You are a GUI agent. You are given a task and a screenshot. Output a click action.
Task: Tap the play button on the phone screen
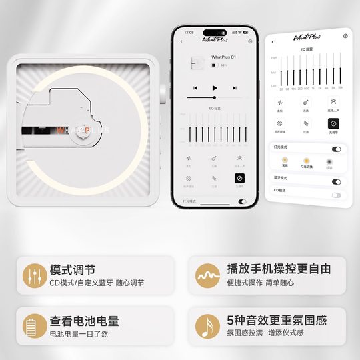[x=214, y=88]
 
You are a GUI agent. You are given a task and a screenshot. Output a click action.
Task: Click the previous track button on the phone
[x=195, y=88]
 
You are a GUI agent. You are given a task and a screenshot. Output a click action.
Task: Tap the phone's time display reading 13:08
[x=189, y=31]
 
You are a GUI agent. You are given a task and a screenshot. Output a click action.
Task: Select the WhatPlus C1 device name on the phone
[x=223, y=58]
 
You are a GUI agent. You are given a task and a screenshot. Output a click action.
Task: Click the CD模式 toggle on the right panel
[x=336, y=195]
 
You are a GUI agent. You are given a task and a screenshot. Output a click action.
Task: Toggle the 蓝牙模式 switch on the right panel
[x=336, y=181]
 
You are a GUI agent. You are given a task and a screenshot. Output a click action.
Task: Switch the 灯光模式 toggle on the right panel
[x=336, y=149]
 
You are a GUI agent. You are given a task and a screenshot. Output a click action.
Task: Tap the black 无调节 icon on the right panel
[x=333, y=123]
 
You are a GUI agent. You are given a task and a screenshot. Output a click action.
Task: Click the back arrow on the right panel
[x=272, y=41]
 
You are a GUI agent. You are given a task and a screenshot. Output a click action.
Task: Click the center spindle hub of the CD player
[x=85, y=131]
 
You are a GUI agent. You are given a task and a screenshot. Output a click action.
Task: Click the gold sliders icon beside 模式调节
[x=32, y=275]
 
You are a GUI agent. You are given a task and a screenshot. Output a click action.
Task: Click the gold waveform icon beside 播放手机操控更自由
[x=207, y=275]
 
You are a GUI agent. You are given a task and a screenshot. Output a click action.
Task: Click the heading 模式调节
[x=72, y=270]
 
